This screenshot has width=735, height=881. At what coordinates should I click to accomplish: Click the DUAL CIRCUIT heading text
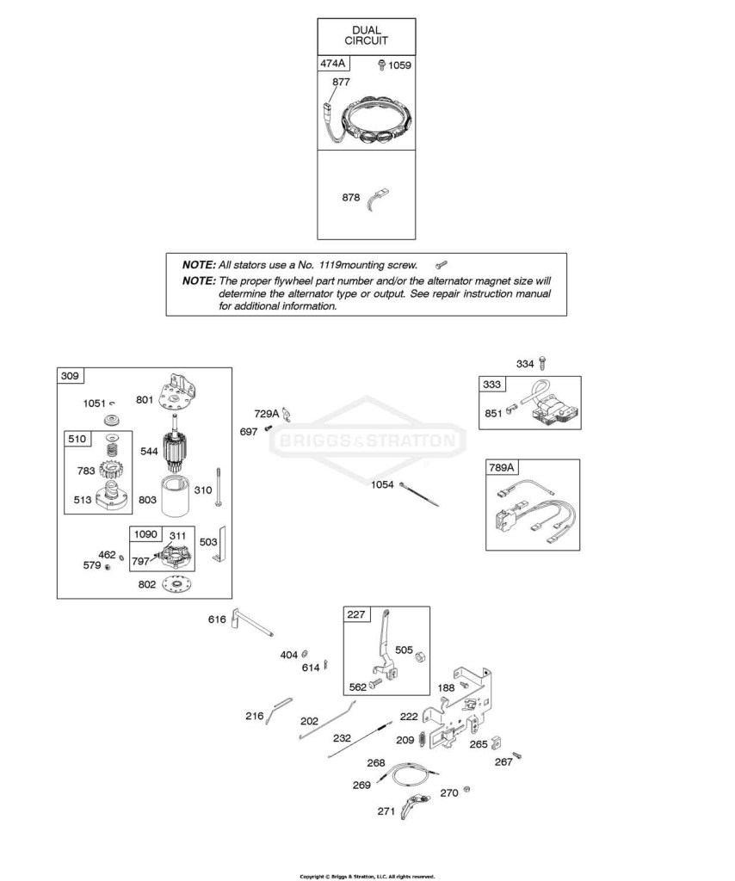click(x=366, y=35)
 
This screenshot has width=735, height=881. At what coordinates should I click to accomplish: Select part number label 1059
click(x=399, y=65)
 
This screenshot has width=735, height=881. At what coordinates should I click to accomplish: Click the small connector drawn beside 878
click(x=378, y=200)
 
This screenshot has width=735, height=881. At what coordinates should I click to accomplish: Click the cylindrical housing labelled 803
click(x=177, y=496)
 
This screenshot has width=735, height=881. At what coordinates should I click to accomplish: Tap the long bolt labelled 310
click(x=218, y=488)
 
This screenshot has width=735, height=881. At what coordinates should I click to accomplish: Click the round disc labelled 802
click(x=178, y=584)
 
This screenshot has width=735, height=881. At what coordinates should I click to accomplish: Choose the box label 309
click(x=70, y=375)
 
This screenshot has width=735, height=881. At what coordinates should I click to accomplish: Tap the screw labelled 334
click(x=542, y=363)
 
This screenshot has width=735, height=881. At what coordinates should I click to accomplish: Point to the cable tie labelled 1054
click(x=418, y=493)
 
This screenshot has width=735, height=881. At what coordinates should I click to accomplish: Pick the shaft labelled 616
click(x=251, y=623)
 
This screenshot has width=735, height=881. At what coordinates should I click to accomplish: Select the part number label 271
click(x=386, y=811)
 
